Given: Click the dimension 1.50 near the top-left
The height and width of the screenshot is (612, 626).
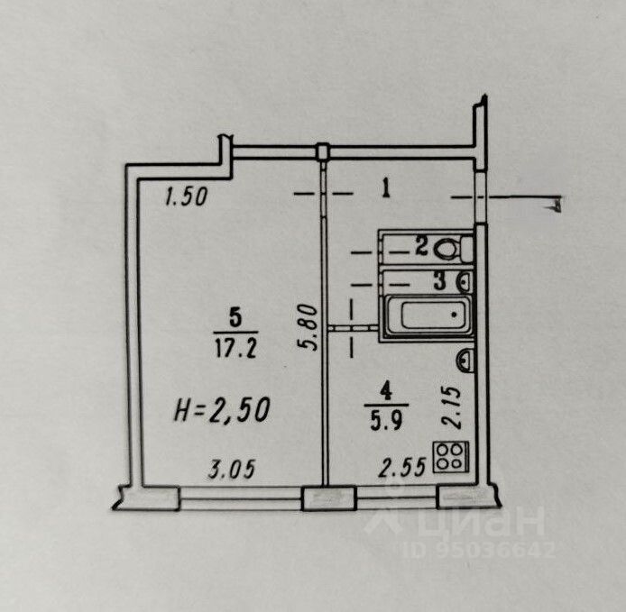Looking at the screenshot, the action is [187, 196].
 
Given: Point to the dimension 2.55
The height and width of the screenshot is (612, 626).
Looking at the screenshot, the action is [400, 469].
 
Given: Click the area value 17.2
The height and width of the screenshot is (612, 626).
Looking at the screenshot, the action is [235, 346].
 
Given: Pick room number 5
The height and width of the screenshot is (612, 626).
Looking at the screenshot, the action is [235, 316].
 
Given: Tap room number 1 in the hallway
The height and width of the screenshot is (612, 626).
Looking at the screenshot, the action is [385, 189].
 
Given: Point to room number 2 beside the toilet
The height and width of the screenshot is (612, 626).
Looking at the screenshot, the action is [421, 246].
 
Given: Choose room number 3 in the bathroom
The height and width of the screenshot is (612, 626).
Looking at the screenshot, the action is [438, 280].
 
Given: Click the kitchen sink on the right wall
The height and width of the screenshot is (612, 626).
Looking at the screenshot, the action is [466, 361].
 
